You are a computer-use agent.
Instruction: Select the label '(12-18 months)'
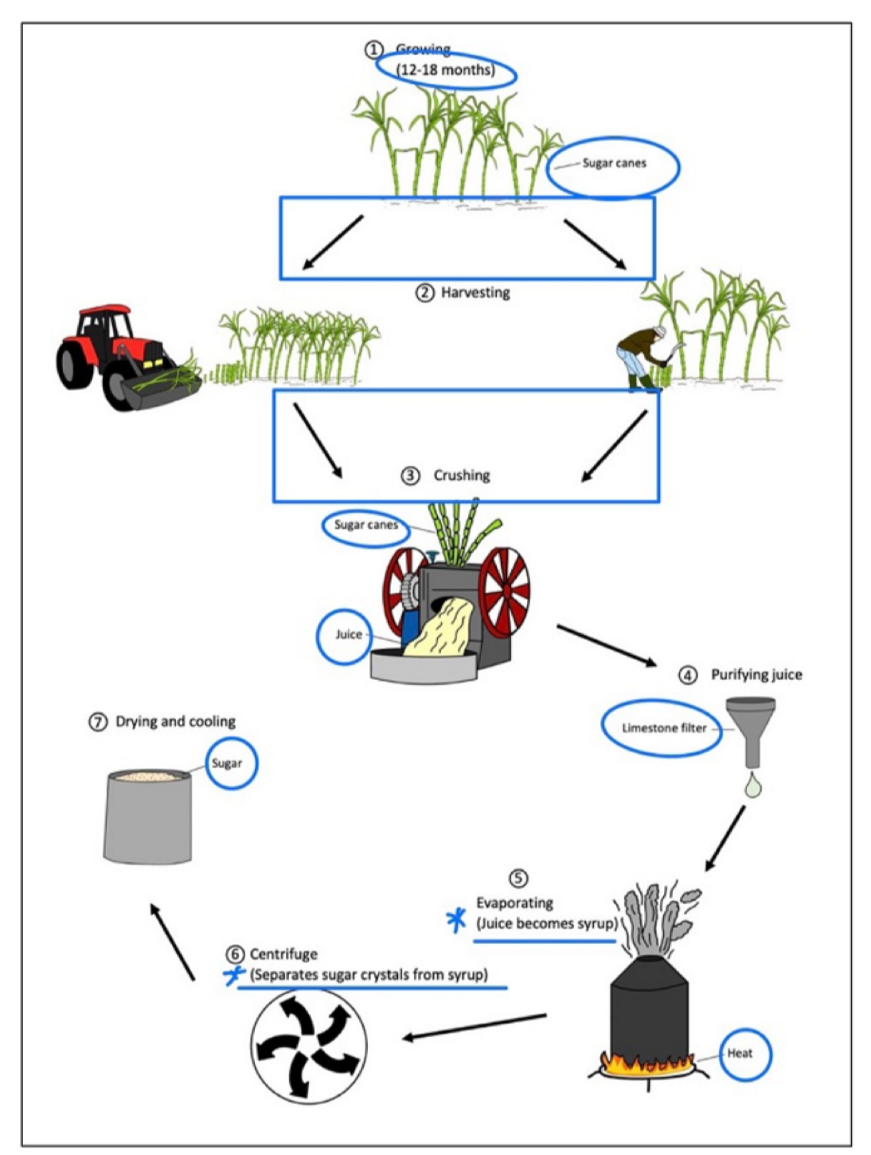[x=445, y=70]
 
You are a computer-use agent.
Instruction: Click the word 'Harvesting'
[x=475, y=293]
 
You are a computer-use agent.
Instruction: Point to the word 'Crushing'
[x=462, y=475]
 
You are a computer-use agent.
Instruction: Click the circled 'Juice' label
[x=348, y=634]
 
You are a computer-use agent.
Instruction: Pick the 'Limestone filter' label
[x=664, y=728]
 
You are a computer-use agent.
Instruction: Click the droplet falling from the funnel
[x=752, y=786]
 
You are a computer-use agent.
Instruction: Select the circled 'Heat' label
[x=740, y=1053]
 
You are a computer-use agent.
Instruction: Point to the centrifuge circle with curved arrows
[x=309, y=1045]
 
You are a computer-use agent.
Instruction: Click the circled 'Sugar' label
[x=227, y=763]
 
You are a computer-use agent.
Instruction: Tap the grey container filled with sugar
[x=148, y=816]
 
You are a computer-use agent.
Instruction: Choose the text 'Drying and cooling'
[x=175, y=722]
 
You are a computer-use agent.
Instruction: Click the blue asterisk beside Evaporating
[x=456, y=920]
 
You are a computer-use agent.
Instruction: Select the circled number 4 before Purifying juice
[x=687, y=675]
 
